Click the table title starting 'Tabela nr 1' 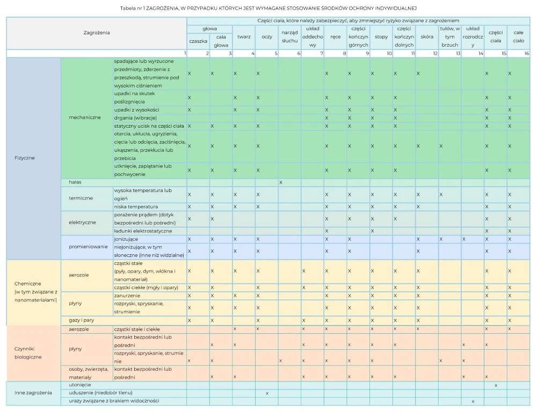268,8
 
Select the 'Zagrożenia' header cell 97,33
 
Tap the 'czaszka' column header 198,41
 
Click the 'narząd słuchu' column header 289,36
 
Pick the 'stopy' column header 381,37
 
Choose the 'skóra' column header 427,37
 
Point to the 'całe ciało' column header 518,36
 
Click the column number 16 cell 518,53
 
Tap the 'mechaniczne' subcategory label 85,117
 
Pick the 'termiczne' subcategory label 81,198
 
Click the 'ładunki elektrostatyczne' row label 143,231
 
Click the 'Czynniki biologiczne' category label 27,352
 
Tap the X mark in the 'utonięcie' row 496,385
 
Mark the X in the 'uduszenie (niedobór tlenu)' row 267,393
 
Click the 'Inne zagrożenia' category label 33,393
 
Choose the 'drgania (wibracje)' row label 135,117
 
